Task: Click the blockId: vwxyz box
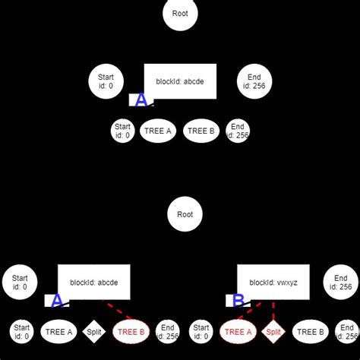(273, 282)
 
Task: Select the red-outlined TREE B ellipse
(131, 331)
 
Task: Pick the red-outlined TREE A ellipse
(238, 331)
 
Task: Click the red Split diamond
(273, 331)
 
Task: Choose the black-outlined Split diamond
(94, 331)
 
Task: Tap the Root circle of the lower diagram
(185, 215)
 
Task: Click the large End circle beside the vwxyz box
(340, 282)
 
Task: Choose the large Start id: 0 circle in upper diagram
(106, 81)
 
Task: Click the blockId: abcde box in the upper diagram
(180, 81)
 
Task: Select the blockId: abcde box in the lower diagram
(94, 282)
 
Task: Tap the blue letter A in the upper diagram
(141, 100)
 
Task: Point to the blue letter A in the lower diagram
(57, 301)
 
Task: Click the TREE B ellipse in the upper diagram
(201, 131)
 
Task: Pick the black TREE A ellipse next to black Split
(58, 331)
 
